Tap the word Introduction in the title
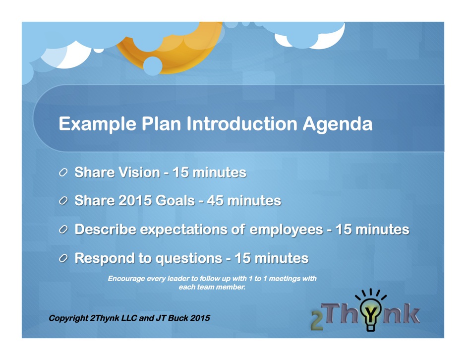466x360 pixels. tap(242, 123)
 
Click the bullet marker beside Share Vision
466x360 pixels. tap(63, 173)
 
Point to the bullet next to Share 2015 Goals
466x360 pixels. tap(63, 201)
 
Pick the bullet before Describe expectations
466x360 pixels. tap(63, 230)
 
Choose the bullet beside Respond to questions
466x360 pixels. tap(63, 258)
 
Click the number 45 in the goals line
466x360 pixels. tap(215, 201)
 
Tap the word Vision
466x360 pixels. tap(139, 172)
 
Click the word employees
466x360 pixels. tap(286, 230)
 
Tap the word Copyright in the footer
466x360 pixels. tap(68, 318)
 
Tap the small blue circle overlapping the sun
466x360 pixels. tap(153, 66)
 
